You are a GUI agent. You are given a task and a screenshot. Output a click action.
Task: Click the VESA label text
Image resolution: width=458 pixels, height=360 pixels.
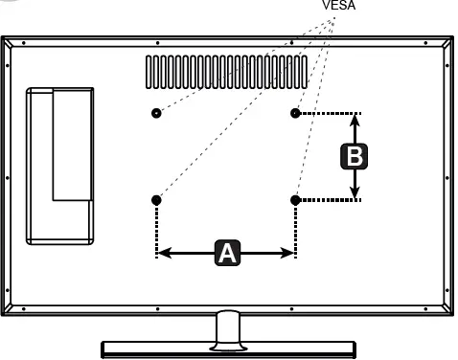tap(339, 5)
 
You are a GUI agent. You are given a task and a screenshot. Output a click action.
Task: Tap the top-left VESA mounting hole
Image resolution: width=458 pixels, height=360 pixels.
tap(156, 113)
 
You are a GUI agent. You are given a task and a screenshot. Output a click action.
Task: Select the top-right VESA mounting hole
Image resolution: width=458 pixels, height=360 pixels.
tap(295, 113)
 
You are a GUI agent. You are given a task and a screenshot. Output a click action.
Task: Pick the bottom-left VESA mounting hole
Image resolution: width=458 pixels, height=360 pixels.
tap(156, 200)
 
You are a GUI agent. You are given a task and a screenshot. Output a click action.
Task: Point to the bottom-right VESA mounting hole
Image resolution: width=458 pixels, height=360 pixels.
tap(295, 200)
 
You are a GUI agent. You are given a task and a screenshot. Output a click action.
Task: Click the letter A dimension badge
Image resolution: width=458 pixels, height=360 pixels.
tap(227, 253)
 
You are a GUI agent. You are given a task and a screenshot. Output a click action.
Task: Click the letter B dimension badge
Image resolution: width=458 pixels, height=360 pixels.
tap(355, 156)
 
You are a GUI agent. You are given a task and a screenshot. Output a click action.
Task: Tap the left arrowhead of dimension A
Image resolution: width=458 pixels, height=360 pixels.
tap(164, 253)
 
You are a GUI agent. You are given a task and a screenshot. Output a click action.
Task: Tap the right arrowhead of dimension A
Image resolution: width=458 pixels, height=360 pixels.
tap(287, 253)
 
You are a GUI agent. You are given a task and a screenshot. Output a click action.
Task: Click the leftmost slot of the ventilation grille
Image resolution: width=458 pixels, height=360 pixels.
tap(149, 72)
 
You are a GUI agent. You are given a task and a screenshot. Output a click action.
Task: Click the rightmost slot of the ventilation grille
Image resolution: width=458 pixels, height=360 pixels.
tap(304, 72)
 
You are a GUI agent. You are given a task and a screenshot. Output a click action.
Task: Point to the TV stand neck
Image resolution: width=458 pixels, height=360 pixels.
tap(228, 328)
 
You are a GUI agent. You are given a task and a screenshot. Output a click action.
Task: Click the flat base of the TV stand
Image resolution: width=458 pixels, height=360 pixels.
tap(228, 349)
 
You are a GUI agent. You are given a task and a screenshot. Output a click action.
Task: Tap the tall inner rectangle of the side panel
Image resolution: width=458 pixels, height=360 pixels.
tap(73, 146)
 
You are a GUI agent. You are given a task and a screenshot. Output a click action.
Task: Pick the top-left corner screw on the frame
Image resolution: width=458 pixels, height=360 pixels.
tap(24, 43)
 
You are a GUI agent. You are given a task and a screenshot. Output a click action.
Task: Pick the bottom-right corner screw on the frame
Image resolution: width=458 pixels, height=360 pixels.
tap(425, 309)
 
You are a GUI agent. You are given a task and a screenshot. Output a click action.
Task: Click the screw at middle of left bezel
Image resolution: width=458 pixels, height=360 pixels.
tap(8, 178)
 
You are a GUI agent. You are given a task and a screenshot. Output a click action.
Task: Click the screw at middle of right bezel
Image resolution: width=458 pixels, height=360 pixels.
tap(447, 178)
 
